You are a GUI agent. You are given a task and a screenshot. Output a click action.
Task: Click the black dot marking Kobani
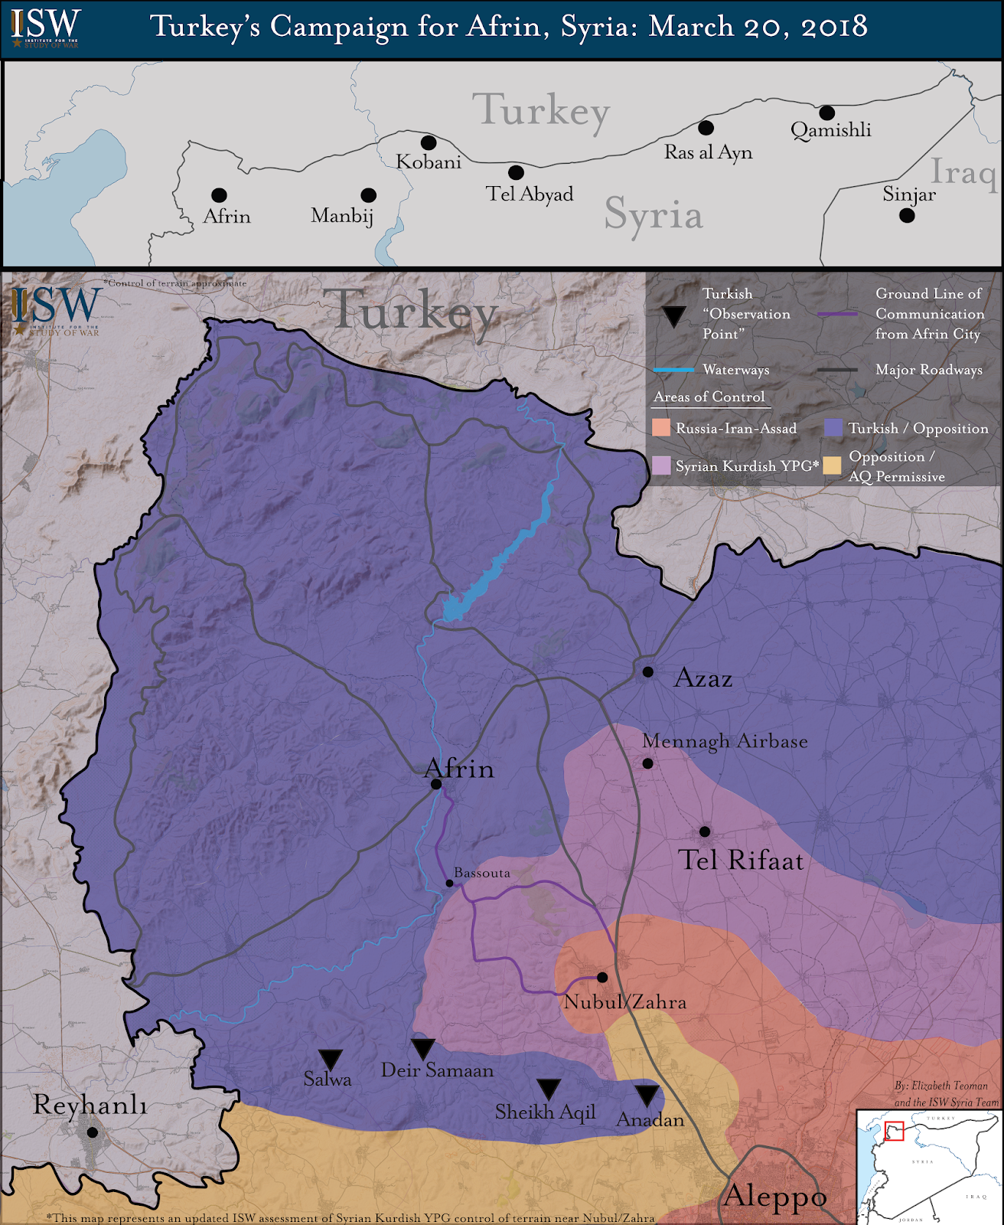(x=429, y=142)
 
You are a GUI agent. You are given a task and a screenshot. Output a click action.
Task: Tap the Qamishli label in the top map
(x=830, y=130)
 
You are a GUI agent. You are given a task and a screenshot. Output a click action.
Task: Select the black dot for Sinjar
(x=907, y=215)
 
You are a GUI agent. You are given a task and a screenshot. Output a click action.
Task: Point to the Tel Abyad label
(x=529, y=194)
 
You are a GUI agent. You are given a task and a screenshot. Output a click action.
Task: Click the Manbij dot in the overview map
(x=368, y=195)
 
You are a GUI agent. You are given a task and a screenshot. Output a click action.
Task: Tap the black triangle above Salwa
(x=330, y=1059)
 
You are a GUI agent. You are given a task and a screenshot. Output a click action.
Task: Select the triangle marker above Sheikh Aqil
(x=549, y=1089)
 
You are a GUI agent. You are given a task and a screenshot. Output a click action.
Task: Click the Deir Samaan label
(x=437, y=1070)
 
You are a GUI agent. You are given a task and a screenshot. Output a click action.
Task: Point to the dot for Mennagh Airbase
(x=647, y=763)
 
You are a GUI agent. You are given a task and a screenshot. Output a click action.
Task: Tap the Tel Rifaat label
(x=741, y=861)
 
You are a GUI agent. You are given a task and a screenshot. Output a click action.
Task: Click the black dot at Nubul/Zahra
(x=602, y=977)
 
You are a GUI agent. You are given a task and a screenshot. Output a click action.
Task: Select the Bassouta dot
(x=449, y=883)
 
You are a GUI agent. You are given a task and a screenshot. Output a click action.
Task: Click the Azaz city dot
(x=647, y=671)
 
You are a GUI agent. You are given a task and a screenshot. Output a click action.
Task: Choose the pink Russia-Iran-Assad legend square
(x=660, y=428)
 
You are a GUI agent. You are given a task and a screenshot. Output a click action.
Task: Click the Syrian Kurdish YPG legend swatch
(x=660, y=465)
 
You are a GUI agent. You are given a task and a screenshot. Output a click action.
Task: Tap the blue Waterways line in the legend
(x=673, y=370)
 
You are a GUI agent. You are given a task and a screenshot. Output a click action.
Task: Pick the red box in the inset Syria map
(x=894, y=1130)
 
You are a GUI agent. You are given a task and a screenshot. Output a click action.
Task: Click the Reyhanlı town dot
(x=92, y=1132)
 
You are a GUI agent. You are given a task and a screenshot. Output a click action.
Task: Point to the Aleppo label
(x=774, y=1196)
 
